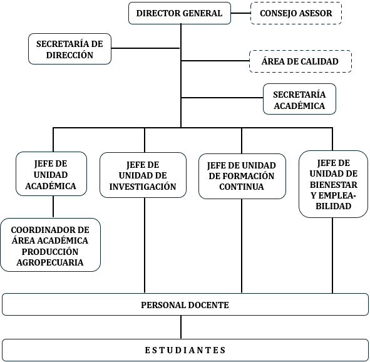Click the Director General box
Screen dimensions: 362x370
(x=179, y=13)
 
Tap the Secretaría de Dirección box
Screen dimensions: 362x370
(x=69, y=49)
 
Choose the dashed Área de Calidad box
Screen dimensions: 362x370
(x=301, y=61)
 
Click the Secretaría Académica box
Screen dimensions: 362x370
(x=299, y=100)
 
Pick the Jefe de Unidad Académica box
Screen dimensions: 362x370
(x=51, y=174)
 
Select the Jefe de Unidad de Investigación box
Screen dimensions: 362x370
(x=143, y=175)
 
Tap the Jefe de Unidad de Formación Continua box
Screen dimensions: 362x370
(x=241, y=176)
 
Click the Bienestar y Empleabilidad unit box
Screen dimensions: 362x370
(x=332, y=184)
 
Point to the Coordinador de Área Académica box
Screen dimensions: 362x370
(x=50, y=246)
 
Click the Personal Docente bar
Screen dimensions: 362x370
(x=185, y=305)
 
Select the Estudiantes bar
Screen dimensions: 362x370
(x=185, y=349)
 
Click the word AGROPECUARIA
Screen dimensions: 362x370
(x=50, y=262)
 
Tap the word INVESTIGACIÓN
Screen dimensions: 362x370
(x=143, y=187)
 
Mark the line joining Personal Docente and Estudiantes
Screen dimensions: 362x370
(x=182, y=327)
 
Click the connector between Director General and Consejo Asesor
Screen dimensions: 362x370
(x=240, y=13)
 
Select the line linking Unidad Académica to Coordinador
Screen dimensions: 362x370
(x=53, y=207)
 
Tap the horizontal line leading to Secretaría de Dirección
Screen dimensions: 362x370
(x=146, y=48)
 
